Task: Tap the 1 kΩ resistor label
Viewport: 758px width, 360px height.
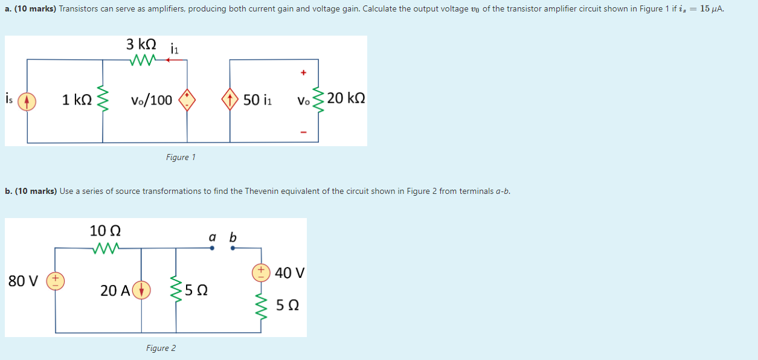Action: (77, 100)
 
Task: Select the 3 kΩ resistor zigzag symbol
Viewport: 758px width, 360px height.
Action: (143, 59)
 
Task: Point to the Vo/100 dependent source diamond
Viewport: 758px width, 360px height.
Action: (187, 100)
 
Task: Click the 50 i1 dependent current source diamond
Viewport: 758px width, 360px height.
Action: (230, 100)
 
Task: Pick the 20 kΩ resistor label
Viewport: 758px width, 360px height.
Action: (346, 98)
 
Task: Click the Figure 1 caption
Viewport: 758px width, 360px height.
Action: (181, 157)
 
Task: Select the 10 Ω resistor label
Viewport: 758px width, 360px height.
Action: (105, 231)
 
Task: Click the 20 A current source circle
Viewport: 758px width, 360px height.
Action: (141, 290)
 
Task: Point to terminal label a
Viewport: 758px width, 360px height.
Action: (212, 237)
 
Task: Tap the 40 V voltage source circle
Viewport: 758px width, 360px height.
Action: (262, 272)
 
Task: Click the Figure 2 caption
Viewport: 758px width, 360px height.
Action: (161, 348)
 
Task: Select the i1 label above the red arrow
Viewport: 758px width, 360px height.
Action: (175, 48)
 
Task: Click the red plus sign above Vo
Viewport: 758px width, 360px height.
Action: (303, 73)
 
